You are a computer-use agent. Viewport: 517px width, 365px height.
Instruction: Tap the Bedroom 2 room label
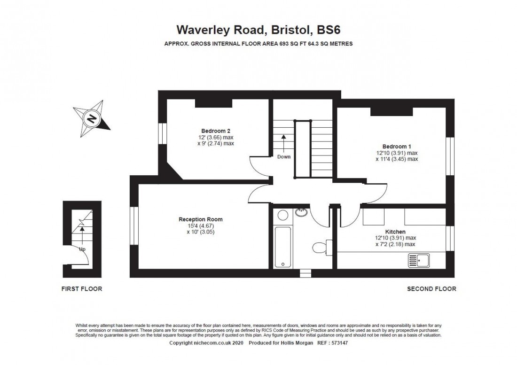tap(215, 131)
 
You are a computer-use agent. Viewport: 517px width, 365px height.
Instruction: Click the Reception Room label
tap(200, 219)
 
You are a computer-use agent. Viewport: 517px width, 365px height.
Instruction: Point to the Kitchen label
tap(395, 232)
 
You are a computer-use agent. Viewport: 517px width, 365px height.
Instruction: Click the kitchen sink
tap(419, 259)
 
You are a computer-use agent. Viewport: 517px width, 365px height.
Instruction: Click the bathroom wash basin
tap(302, 212)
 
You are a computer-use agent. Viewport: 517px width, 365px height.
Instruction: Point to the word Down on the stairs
tap(283, 156)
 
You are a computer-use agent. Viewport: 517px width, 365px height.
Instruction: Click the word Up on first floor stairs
tap(82, 249)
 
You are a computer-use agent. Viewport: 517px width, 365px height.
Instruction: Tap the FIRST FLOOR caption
tap(81, 289)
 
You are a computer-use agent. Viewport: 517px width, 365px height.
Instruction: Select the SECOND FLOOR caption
tap(431, 289)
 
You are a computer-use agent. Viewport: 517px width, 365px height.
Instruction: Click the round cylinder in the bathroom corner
tap(282, 216)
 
